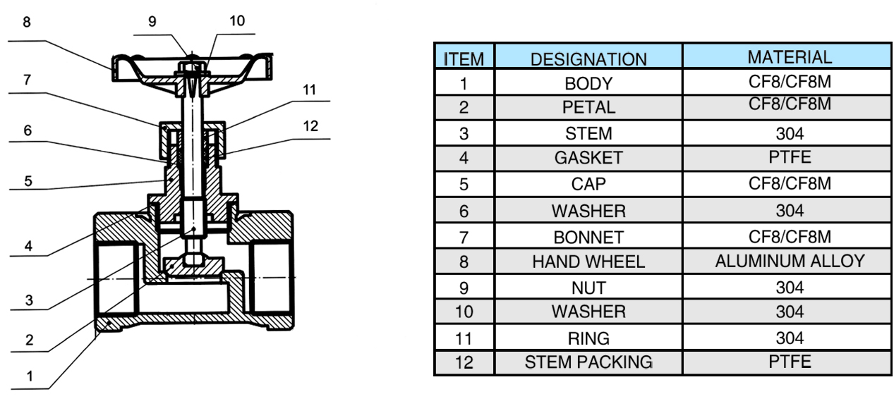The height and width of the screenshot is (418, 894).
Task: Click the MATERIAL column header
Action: [x=789, y=57]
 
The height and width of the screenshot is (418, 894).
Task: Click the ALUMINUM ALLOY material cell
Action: [x=789, y=262]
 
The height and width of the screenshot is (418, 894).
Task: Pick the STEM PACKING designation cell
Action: [x=588, y=362]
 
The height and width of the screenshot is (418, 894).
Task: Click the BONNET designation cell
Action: [x=588, y=237]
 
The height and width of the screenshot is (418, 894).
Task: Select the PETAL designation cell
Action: [x=588, y=108]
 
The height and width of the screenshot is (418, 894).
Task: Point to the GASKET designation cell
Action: [x=588, y=158]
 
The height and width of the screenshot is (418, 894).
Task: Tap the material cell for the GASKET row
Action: [x=789, y=157]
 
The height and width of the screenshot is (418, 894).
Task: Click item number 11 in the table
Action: [x=464, y=338]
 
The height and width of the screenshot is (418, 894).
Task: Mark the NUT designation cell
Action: [x=588, y=288]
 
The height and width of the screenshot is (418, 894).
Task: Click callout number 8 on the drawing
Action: [x=27, y=23]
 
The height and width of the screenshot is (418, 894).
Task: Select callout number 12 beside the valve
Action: [x=310, y=126]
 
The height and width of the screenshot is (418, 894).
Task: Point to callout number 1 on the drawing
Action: [x=30, y=376]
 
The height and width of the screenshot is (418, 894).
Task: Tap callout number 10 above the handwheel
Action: [x=237, y=21]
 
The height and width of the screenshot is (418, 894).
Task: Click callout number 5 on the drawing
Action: [x=28, y=181]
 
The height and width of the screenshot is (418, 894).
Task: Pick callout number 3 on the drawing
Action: [x=29, y=300]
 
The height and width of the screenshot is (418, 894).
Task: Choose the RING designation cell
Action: [x=588, y=338]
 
